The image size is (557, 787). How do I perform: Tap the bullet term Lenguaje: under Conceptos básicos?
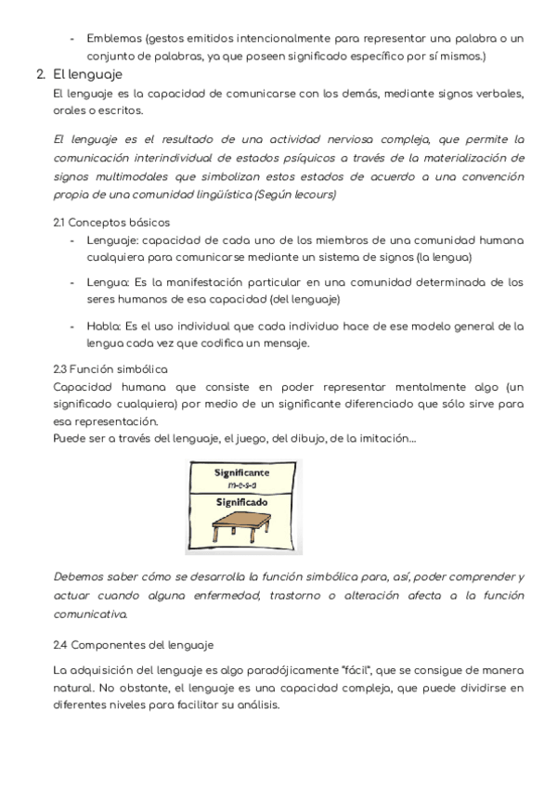tap(114, 240)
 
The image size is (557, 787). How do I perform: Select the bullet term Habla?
tap(104, 326)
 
